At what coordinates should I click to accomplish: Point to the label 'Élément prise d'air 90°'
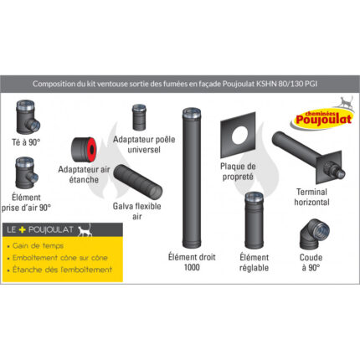tap(31, 202)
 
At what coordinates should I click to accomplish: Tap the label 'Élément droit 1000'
tap(191, 263)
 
